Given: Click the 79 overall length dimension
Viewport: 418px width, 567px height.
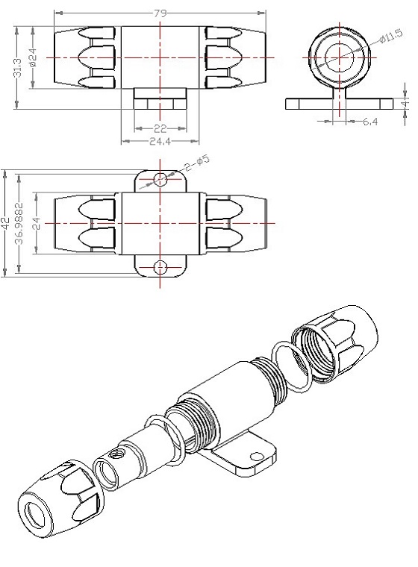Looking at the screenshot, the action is (x=160, y=13).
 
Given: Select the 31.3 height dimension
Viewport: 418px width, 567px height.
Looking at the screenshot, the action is (x=17, y=68).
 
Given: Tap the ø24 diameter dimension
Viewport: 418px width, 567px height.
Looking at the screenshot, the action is (x=34, y=58).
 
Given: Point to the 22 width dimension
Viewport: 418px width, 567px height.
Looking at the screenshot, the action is (x=160, y=128).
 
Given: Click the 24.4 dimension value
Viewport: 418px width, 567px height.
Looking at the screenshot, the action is (x=160, y=141).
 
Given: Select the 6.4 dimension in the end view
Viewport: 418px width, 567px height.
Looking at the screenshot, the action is (x=370, y=122).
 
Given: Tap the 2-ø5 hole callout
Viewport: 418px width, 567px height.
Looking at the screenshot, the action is (x=196, y=163).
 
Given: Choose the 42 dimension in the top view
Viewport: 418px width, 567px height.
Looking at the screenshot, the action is (x=4, y=224).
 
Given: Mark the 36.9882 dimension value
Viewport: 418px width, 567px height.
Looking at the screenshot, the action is (x=20, y=224).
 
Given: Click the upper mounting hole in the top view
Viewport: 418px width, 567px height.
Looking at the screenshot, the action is (x=160, y=178).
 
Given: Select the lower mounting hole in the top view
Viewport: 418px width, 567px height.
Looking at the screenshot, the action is (x=160, y=268).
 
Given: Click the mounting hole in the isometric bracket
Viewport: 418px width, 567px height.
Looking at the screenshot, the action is (x=257, y=457).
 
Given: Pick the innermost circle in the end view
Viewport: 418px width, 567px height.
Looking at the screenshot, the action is (x=340, y=57).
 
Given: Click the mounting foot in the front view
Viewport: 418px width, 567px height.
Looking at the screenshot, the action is (x=160, y=98).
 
